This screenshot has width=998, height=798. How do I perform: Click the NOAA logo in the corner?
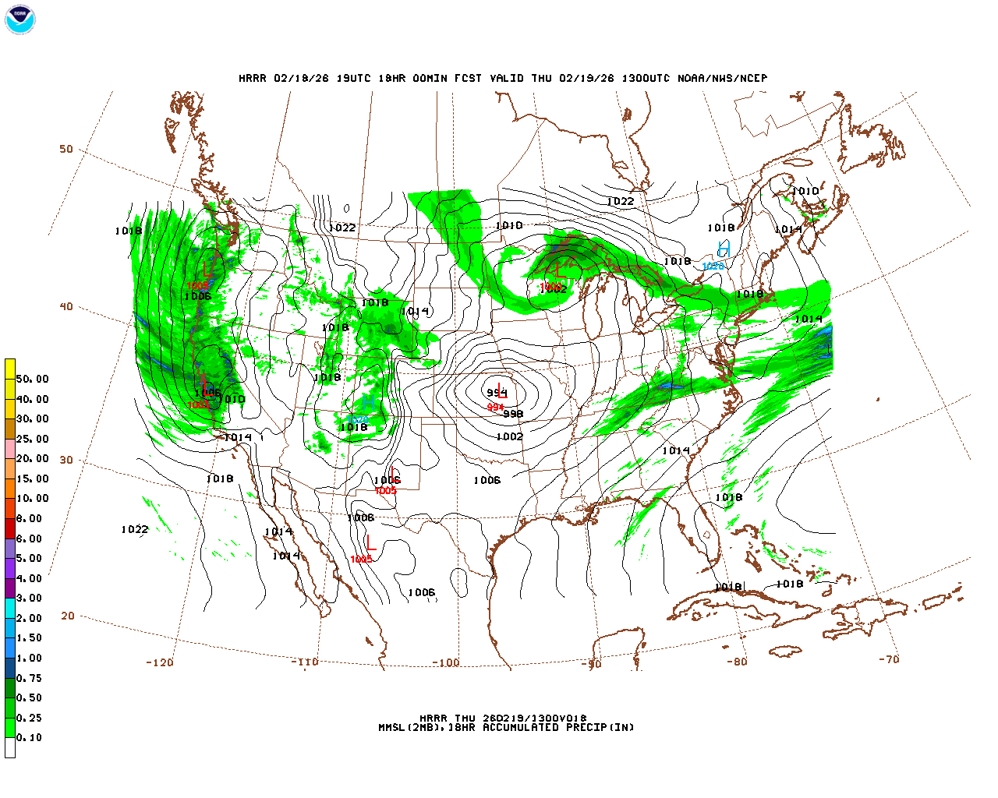pyautogui.click(x=19, y=19)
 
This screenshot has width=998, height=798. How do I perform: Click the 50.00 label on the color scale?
pyautogui.click(x=32, y=380)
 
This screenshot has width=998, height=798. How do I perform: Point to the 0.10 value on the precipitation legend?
pyautogui.click(x=29, y=737)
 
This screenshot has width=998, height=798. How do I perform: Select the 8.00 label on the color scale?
pyautogui.click(x=29, y=518)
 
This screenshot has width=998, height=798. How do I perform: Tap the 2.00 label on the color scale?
pyautogui.click(x=29, y=618)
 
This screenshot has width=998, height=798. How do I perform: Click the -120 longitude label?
pyautogui.click(x=159, y=662)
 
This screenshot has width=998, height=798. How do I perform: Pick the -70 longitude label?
pyautogui.click(x=889, y=659)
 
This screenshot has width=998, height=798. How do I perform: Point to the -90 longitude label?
pyautogui.click(x=591, y=664)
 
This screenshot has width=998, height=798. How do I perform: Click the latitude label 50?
pyautogui.click(x=66, y=149)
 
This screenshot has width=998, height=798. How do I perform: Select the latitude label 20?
pyautogui.click(x=68, y=616)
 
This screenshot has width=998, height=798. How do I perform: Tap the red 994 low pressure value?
pyautogui.click(x=495, y=408)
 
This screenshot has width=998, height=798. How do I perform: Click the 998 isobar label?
pyautogui.click(x=513, y=414)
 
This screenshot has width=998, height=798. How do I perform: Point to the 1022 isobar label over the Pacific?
pyautogui.click(x=134, y=530)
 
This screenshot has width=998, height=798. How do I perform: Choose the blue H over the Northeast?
pyautogui.click(x=724, y=249)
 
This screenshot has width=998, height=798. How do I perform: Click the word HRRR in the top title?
pyautogui.click(x=253, y=79)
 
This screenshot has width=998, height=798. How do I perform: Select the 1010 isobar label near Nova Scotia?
pyautogui.click(x=805, y=192)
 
